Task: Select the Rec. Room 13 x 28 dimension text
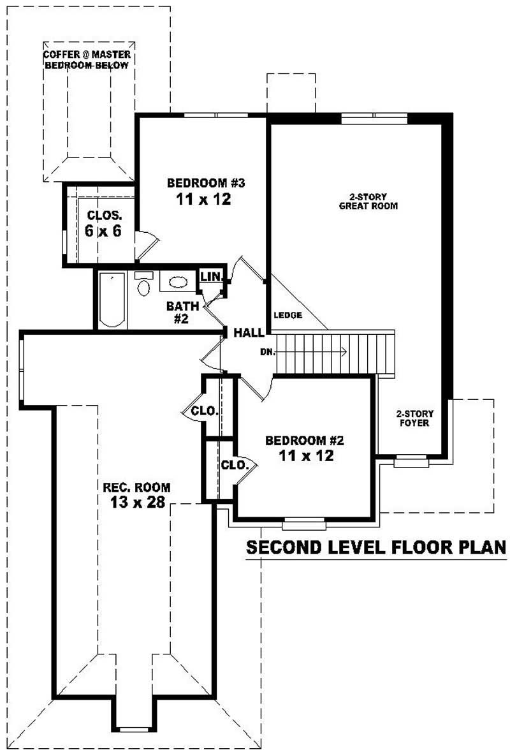click(137, 502)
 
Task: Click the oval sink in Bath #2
click(178, 282)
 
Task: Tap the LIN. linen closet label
click(210, 277)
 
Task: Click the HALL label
click(248, 333)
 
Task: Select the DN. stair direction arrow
click(312, 351)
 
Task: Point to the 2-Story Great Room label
click(368, 202)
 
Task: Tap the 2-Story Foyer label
click(412, 418)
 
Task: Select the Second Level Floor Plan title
click(375, 547)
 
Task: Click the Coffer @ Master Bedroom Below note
click(87, 60)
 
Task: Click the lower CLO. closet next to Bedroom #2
click(233, 466)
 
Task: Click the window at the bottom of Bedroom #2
click(304, 525)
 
